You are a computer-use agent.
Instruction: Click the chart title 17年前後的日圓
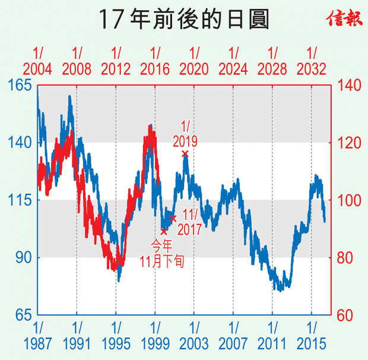tap(183, 20)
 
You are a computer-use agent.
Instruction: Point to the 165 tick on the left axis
tap(20, 86)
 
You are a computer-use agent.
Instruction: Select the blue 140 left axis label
tap(20, 143)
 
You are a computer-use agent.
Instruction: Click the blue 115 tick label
tap(20, 200)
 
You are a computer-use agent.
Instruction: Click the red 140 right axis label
tap(349, 86)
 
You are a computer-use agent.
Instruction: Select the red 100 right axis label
tap(349, 200)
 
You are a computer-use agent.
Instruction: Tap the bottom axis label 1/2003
tap(194, 335)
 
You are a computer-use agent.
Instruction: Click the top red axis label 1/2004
tap(38, 61)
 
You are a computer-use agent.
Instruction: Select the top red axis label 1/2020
tap(194, 61)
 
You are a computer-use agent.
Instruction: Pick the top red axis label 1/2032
tap(312, 61)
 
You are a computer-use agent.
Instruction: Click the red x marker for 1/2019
tap(185, 154)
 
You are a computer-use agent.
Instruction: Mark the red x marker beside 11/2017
tap(173, 219)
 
